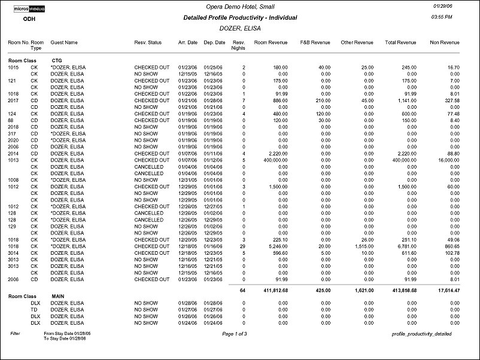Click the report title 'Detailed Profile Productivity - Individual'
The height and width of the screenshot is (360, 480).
click(x=240, y=17)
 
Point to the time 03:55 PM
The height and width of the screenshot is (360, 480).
click(x=442, y=18)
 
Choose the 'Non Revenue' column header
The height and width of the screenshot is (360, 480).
click(x=445, y=42)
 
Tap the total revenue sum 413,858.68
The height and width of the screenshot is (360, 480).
click(x=405, y=289)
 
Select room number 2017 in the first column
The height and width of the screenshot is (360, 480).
click(x=14, y=100)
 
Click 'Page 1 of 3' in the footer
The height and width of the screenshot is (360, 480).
click(x=235, y=333)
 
